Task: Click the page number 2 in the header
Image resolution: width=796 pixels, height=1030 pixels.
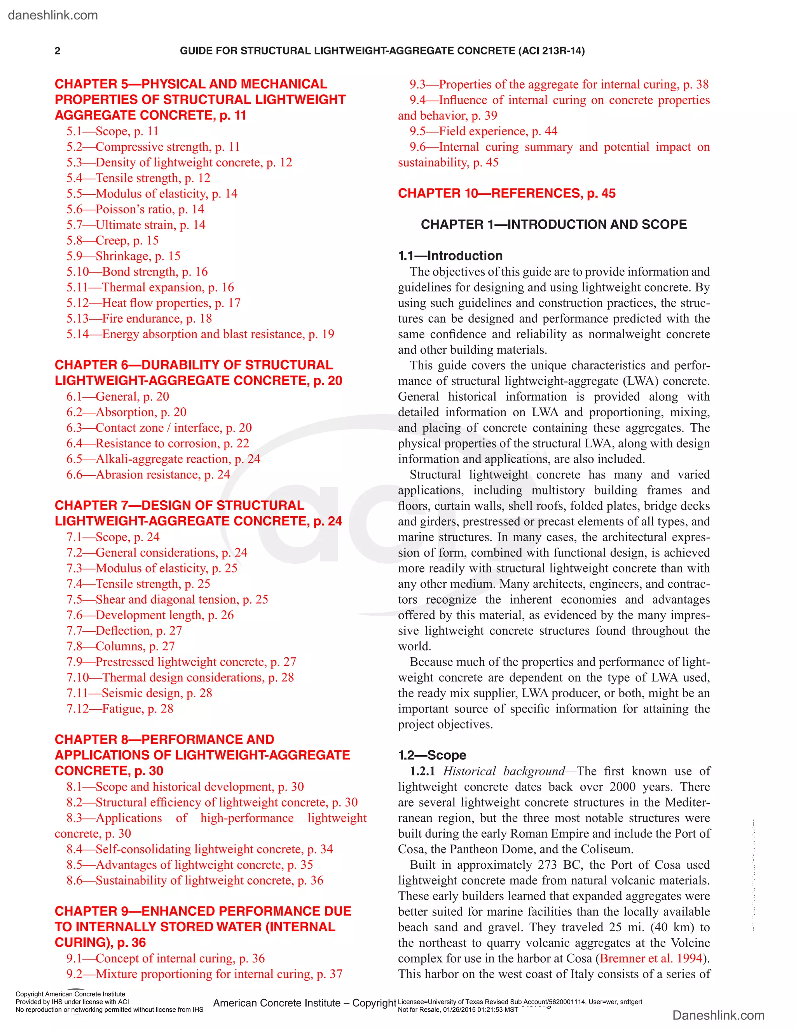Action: pos(58,51)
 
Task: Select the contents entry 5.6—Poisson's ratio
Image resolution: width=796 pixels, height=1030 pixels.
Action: pos(135,209)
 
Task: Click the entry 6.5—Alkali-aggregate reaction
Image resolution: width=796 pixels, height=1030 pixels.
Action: pos(163,459)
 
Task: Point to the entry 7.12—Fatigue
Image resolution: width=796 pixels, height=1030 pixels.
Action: pos(120,709)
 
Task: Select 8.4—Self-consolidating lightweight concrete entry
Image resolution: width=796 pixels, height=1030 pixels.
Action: pos(199,849)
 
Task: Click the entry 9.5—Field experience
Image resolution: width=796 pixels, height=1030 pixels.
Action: pos(484,131)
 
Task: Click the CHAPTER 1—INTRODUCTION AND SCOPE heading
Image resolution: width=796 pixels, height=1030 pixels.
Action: pos(553,225)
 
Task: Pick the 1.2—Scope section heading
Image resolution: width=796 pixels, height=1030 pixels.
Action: pos(432,756)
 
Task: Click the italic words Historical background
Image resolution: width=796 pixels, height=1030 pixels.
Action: pos(503,771)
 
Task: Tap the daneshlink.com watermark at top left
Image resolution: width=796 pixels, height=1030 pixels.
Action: pos(53,15)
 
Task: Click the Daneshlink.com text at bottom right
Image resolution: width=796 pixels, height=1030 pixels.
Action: pos(718,1015)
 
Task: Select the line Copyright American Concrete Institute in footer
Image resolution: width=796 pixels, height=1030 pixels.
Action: pos(70,994)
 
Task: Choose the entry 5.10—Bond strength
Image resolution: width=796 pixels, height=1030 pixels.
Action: pos(137,272)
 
